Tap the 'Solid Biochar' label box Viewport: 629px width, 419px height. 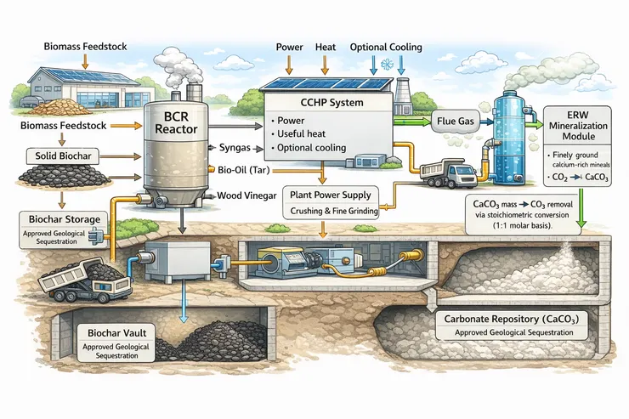click(57, 156)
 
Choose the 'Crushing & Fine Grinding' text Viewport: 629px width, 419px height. click(338, 210)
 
